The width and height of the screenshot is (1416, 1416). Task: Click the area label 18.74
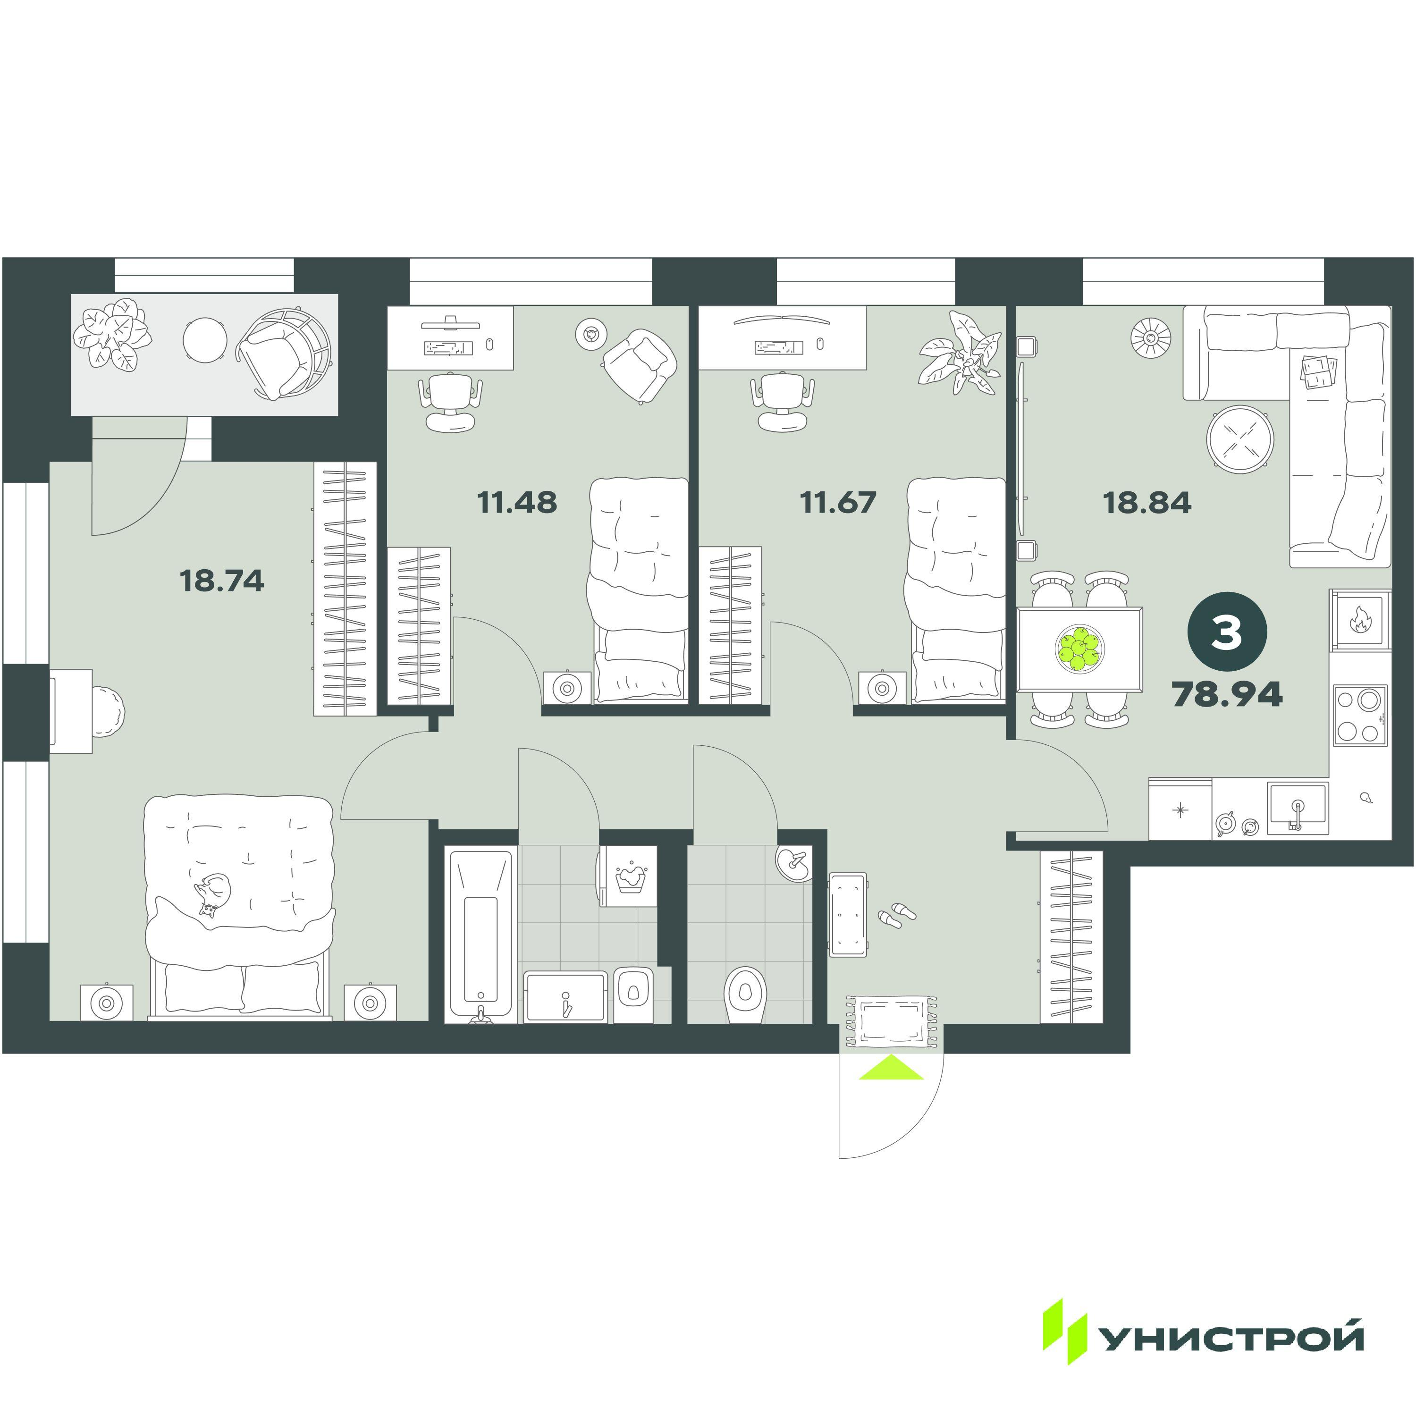tap(221, 581)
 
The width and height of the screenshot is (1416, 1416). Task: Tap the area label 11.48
tap(517, 502)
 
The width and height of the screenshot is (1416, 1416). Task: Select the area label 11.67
tap(838, 502)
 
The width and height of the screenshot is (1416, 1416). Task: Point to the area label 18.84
tap(1147, 502)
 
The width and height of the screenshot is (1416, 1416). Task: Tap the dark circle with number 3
tap(1227, 632)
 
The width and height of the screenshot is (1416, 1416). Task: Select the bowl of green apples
tap(1079, 649)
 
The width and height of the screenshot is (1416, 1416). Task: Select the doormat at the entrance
tap(891, 1021)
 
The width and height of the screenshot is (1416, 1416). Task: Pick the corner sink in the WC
tap(795, 863)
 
